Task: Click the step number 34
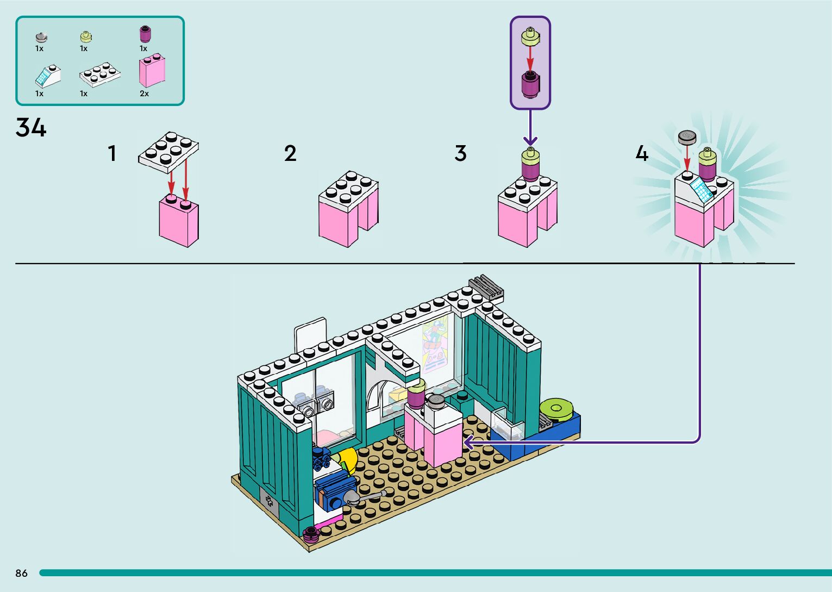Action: (x=31, y=128)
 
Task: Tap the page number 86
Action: (x=21, y=573)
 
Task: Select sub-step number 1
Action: (x=112, y=153)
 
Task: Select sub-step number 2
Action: (x=290, y=153)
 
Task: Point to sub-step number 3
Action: (x=460, y=153)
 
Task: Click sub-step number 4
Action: (x=642, y=153)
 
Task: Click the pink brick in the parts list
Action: (x=152, y=71)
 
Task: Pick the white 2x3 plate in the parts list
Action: (x=100, y=75)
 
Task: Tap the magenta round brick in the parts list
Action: (x=145, y=34)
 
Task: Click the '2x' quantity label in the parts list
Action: (x=144, y=94)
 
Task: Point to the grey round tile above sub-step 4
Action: (x=687, y=137)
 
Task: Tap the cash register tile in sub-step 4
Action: (x=702, y=190)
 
